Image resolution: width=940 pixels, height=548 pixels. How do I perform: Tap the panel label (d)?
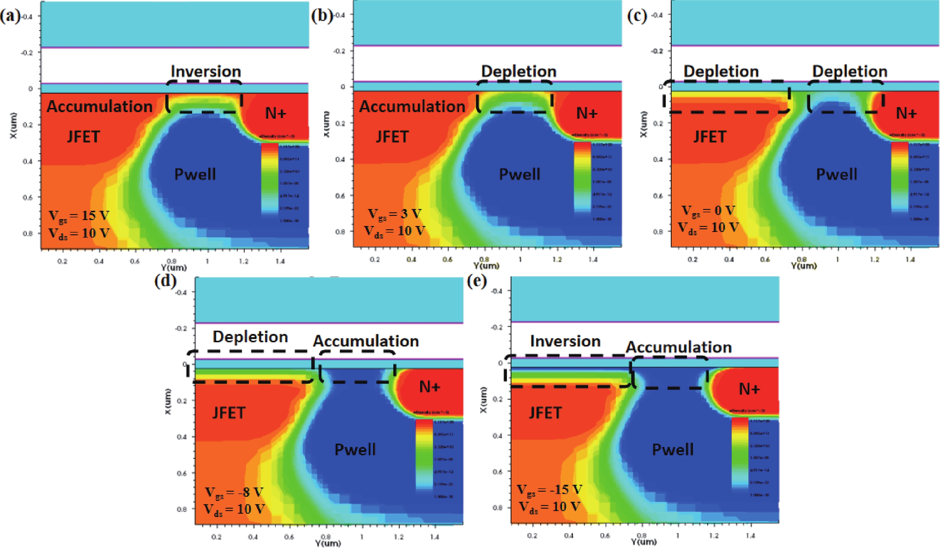click(x=165, y=281)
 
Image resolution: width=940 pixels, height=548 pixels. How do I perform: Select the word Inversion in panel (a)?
click(x=206, y=71)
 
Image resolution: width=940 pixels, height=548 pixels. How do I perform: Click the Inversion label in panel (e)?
click(x=565, y=341)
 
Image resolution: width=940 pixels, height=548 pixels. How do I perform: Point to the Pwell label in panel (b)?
click(x=520, y=174)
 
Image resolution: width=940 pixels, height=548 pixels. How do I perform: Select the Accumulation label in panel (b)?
click(x=412, y=107)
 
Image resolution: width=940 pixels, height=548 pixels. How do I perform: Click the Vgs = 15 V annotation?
click(x=79, y=216)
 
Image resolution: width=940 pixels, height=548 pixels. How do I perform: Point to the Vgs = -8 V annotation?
click(x=234, y=493)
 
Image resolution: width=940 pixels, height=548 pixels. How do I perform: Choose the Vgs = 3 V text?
click(x=395, y=214)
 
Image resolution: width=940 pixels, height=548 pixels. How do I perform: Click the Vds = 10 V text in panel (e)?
click(x=549, y=507)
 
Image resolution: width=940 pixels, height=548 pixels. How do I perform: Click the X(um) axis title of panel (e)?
click(x=484, y=400)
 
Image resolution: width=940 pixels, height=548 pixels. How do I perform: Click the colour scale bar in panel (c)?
click(x=900, y=177)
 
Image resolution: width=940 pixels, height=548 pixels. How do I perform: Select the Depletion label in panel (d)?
click(x=250, y=337)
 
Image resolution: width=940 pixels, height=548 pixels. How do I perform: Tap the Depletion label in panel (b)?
click(x=519, y=71)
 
